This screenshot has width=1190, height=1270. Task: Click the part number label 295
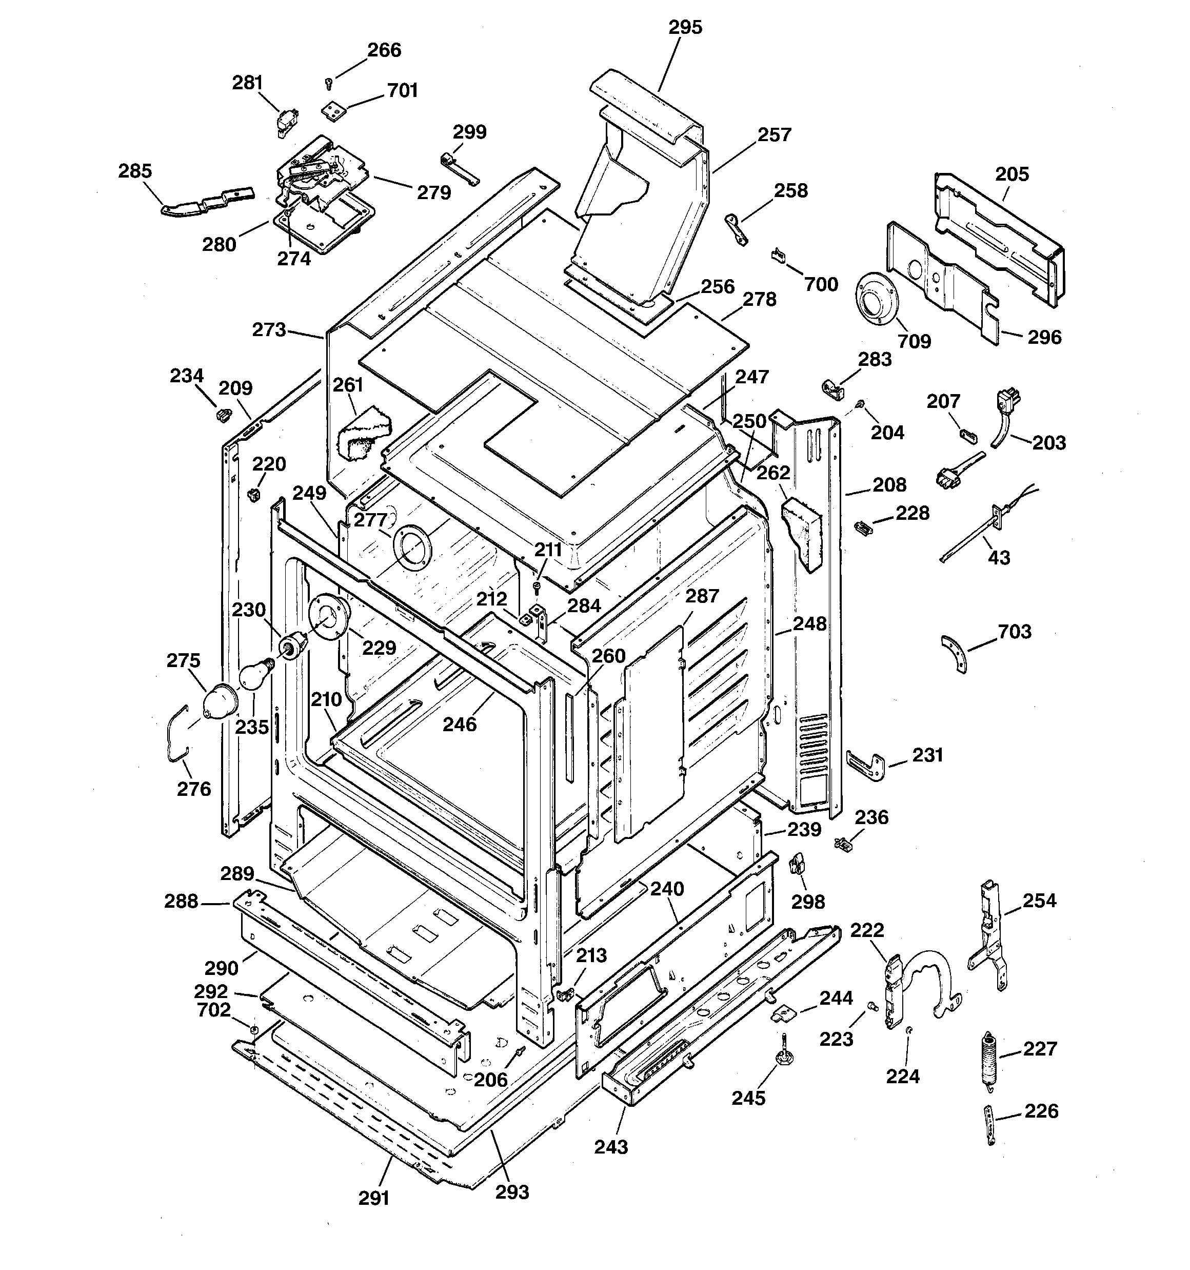tap(685, 28)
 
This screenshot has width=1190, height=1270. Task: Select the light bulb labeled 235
tap(253, 676)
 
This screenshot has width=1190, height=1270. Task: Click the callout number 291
tap(374, 1198)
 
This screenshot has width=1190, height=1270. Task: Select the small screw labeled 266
tap(329, 83)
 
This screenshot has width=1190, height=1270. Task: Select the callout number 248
tap(809, 623)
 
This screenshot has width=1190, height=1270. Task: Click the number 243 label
tap(611, 1147)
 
